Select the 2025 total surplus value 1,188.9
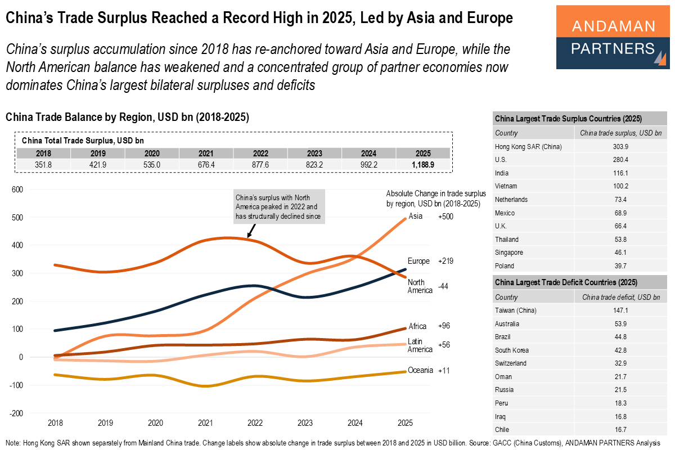[423, 165]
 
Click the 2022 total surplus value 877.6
[260, 165]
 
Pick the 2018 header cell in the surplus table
[43, 153]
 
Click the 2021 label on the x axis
[205, 423]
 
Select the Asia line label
[415, 217]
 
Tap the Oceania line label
[420, 370]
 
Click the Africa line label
[417, 326]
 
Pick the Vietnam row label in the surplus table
[507, 186]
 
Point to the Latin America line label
[420, 345]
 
